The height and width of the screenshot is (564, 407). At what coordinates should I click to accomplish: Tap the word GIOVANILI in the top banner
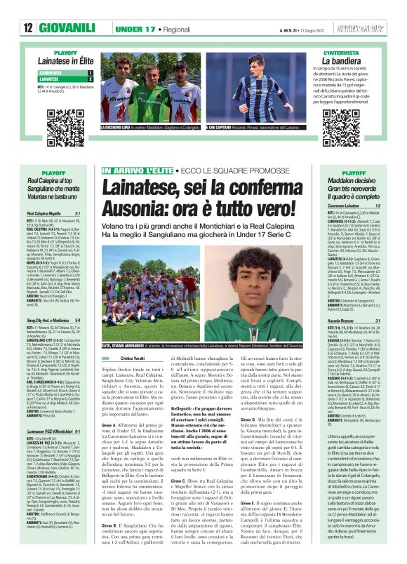pyautogui.click(x=63, y=28)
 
